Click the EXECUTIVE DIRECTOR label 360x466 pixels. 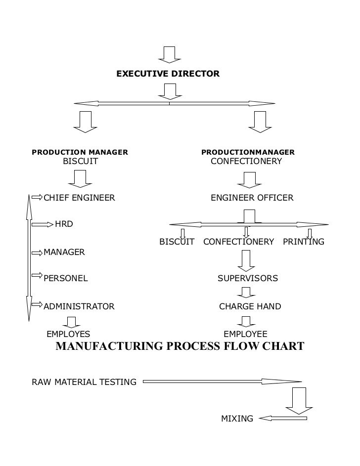coord(167,74)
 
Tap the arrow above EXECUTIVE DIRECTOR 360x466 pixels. coord(169,54)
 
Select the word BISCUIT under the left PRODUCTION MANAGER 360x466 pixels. coord(80,161)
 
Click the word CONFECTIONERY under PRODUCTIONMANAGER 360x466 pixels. coord(246,161)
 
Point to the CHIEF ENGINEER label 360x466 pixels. coord(80,198)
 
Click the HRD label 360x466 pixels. coord(64,224)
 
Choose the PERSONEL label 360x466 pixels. coord(66,278)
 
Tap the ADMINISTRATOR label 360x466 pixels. coord(79,306)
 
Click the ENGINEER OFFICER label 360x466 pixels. coord(252,198)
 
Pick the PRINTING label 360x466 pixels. coord(303,242)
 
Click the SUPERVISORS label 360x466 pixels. coord(248,278)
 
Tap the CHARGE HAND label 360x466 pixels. coord(250,306)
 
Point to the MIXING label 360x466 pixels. coord(237,419)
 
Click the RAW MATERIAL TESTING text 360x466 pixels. coord(84,382)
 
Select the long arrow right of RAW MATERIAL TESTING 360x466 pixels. coord(222,381)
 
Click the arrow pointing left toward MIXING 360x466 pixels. coord(282,419)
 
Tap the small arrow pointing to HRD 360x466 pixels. coord(42,224)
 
